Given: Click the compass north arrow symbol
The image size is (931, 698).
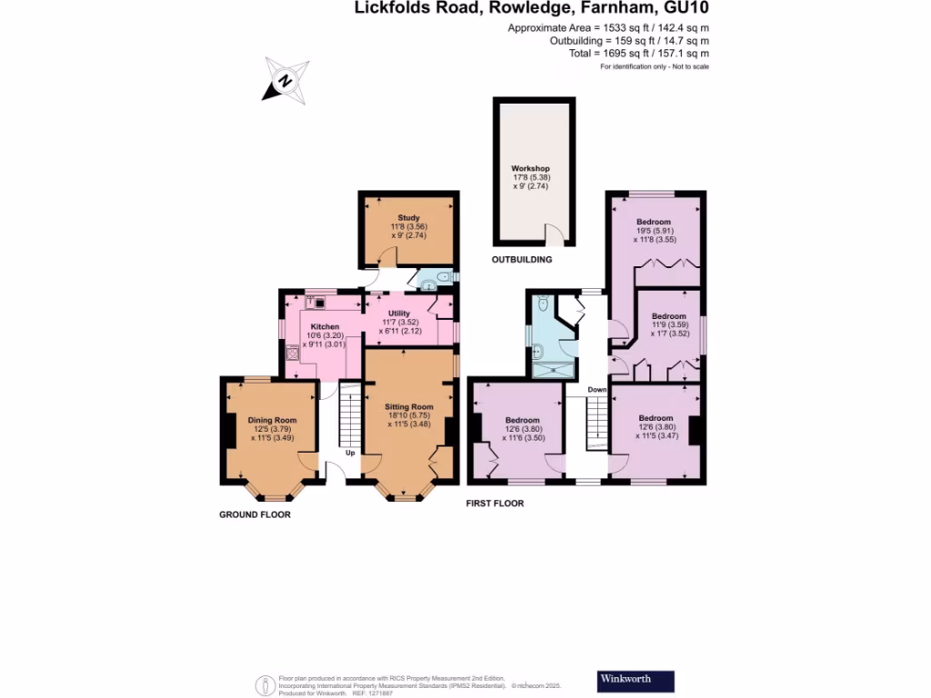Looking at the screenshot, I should click(285, 79).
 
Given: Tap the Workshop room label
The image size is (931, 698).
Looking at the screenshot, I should click(530, 169).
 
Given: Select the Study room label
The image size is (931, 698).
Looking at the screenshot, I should click(408, 217).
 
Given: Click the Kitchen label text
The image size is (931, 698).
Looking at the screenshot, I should click(325, 326).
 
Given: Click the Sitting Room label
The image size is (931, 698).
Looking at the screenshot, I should click(408, 406).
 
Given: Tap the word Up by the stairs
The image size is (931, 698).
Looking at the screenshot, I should click(349, 452).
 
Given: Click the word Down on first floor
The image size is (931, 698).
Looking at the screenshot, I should click(596, 390).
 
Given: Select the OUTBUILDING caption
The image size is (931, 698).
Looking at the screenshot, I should click(522, 260).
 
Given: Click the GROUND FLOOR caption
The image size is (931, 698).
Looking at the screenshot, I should click(255, 514).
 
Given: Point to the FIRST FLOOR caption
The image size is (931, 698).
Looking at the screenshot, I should click(495, 503).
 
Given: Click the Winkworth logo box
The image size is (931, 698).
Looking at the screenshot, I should click(636, 680).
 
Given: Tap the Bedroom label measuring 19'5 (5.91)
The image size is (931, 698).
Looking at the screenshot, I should click(654, 222).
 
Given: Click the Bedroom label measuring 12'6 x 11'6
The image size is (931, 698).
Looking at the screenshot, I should click(523, 420).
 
